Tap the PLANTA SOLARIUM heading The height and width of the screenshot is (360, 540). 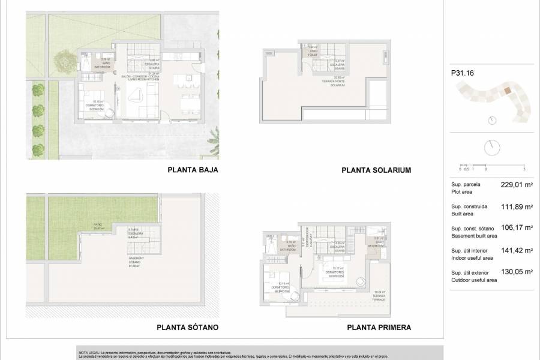coord(376,170)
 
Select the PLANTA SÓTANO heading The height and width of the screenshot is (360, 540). coord(187,328)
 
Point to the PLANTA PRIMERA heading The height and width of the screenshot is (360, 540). coord(379,328)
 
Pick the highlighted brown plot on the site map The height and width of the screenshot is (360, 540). coord(508,91)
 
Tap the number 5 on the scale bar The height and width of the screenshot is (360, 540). coord(524,170)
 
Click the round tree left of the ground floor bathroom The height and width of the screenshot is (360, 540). coord(62,60)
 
